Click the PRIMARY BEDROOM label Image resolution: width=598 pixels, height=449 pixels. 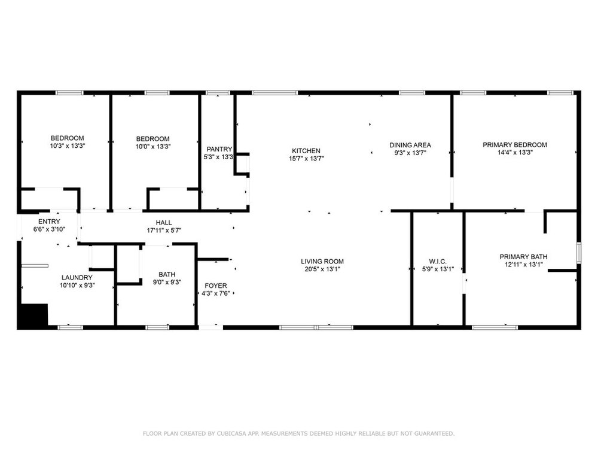[514, 145]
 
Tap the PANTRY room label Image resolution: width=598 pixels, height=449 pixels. [219, 149]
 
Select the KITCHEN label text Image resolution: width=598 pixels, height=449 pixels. [306, 151]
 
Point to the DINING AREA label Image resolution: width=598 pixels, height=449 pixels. [410, 145]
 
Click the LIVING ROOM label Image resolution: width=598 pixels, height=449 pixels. [322, 262]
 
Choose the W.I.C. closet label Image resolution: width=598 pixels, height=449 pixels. [438, 262]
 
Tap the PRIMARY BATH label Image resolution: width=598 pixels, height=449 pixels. [523, 257]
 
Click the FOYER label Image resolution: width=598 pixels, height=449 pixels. [215, 286]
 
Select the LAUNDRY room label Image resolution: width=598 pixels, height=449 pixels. [77, 278]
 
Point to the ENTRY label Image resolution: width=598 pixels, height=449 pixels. [49, 222]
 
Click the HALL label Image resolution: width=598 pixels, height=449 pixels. [164, 223]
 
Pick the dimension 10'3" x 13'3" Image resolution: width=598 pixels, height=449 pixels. [67, 146]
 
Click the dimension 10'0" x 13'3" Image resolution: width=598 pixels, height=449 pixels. [153, 147]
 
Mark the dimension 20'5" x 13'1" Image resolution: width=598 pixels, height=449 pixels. [322, 269]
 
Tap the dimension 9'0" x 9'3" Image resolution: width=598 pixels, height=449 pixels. [167, 282]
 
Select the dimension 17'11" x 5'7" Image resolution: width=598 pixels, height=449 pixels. [164, 230]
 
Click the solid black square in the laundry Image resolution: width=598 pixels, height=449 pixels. [33, 315]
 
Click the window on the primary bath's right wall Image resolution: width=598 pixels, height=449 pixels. [578, 253]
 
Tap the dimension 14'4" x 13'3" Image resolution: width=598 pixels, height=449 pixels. [515, 152]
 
